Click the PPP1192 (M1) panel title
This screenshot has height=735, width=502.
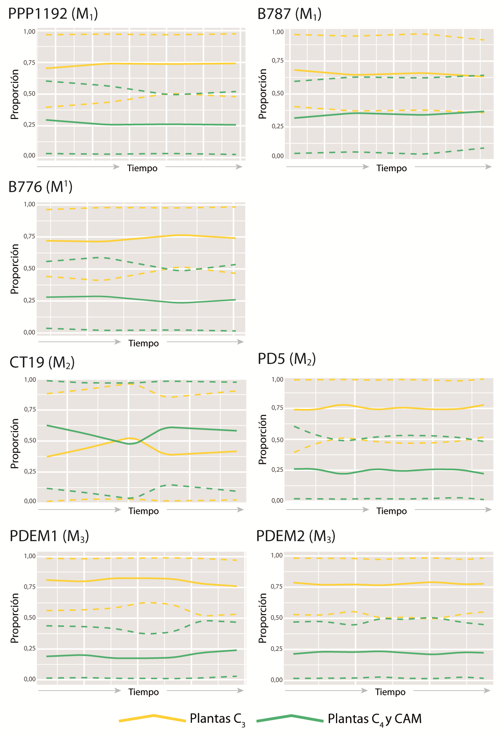coord(53,14)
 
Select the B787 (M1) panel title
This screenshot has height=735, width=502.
coord(289,14)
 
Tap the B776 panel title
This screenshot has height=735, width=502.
coord(40,187)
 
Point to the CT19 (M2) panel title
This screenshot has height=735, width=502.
coord(42,362)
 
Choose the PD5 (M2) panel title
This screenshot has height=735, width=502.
coord(287,359)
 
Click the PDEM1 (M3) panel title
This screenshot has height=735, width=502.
coord(49,536)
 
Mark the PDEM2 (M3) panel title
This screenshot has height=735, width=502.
coord(296,536)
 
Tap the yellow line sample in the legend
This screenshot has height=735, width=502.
coord(152,718)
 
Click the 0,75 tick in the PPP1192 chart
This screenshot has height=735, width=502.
coord(29,63)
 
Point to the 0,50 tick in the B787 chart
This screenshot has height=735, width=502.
coord(277,93)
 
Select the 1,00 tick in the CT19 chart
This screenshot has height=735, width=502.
coord(30,380)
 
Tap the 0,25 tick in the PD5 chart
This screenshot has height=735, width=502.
coord(277,470)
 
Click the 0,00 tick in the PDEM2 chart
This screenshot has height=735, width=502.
coord(277,680)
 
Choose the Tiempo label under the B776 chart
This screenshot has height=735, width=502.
coord(144,343)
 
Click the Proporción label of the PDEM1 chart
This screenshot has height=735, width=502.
coord(15,618)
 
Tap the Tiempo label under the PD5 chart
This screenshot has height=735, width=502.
coord(392,511)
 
